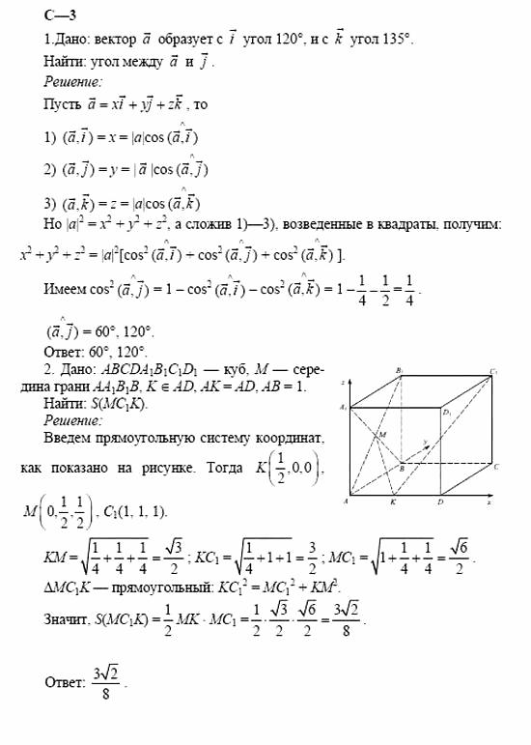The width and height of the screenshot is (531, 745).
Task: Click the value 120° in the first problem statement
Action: [273, 41]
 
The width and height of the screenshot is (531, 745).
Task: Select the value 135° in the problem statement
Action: [393, 41]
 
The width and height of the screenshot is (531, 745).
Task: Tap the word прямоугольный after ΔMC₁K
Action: [152, 588]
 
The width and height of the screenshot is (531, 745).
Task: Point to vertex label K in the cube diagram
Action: [393, 502]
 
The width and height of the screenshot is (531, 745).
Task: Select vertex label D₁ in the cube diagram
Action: [447, 414]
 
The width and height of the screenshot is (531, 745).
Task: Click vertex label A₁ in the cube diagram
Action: [344, 410]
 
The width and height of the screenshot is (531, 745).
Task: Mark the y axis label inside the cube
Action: [426, 443]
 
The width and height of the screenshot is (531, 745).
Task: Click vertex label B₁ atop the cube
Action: [398, 369]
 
